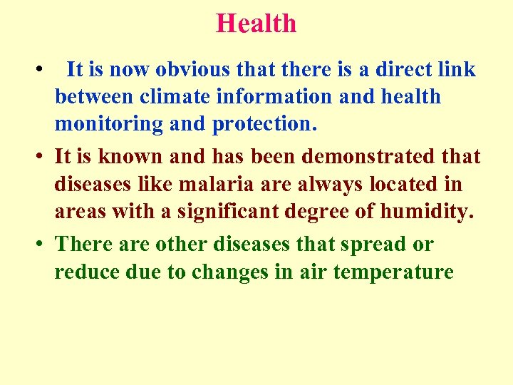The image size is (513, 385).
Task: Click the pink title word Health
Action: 256,23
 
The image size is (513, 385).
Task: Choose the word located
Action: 410,184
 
